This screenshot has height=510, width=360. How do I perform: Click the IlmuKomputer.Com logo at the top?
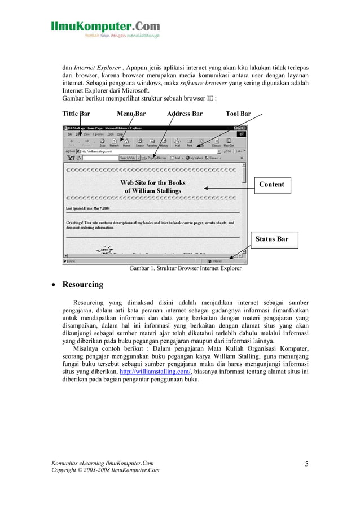[x=106, y=28]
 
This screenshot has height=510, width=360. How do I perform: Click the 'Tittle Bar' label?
[x=76, y=114]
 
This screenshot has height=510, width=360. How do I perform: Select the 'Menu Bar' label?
[x=131, y=114]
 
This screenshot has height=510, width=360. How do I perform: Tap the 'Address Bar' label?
[x=185, y=114]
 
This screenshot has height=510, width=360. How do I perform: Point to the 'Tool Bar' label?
[x=238, y=114]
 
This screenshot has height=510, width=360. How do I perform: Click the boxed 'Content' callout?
[x=271, y=184]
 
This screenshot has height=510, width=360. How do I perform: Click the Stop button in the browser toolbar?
[x=102, y=142]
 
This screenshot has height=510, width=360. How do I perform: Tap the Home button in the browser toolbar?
[x=126, y=142]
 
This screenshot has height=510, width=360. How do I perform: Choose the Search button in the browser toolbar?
[x=139, y=142]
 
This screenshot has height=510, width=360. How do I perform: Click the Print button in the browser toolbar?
[x=190, y=142]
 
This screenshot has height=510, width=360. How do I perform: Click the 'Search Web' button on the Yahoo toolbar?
[x=127, y=158]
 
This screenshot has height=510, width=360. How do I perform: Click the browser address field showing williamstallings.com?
[x=147, y=151]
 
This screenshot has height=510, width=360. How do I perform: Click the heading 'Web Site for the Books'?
[x=152, y=182]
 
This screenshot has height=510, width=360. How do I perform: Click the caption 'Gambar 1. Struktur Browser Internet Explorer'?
[x=185, y=268]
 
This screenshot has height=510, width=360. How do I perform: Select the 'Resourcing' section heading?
[x=82, y=284]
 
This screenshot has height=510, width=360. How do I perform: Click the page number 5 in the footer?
[x=306, y=464]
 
